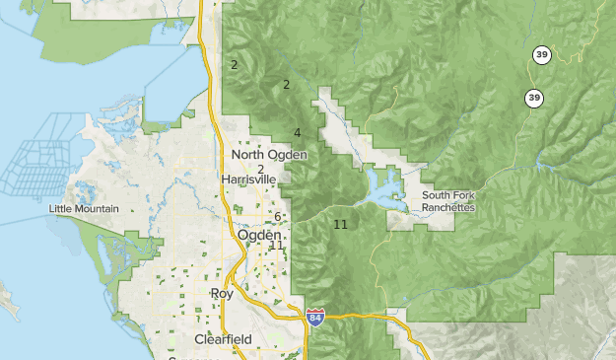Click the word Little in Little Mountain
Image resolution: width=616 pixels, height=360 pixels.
click(x=62, y=209)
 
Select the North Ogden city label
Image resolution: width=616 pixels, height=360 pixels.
click(x=269, y=155)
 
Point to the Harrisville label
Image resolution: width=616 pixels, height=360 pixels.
click(x=253, y=180)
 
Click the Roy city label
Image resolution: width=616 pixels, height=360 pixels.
click(x=222, y=294)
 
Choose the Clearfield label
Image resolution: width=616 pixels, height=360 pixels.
click(x=223, y=339)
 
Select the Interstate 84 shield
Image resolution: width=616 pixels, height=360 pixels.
click(x=314, y=318)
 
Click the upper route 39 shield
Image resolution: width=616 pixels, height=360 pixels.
click(x=541, y=54)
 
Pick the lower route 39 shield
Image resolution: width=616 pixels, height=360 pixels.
click(x=533, y=98)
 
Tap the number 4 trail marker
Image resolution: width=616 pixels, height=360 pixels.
click(x=297, y=133)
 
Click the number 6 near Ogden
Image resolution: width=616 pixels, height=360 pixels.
click(x=278, y=217)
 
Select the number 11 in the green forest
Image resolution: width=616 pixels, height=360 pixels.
click(x=340, y=225)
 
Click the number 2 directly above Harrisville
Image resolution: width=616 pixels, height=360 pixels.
click(x=260, y=169)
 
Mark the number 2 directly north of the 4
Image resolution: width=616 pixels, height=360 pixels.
click(x=286, y=84)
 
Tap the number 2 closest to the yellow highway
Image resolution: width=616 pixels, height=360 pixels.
click(x=234, y=65)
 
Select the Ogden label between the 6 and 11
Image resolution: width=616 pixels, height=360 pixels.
click(x=259, y=236)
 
